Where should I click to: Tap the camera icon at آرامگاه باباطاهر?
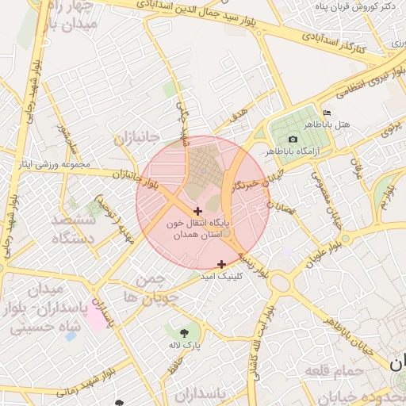[293, 139]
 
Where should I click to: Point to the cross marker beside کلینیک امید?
[221, 263]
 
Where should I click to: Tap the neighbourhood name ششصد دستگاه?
[73, 228]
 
